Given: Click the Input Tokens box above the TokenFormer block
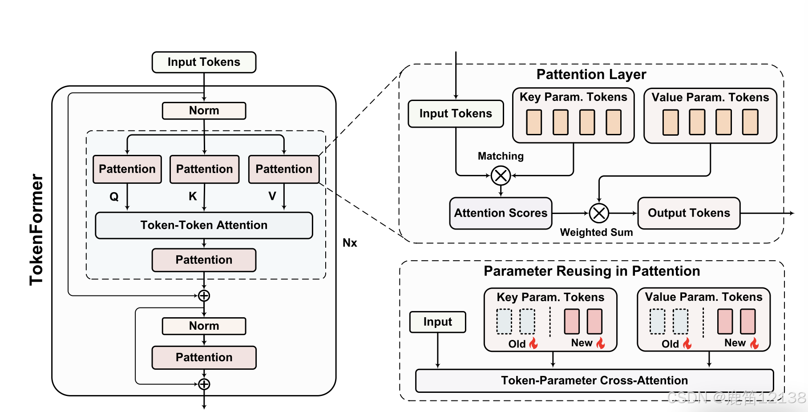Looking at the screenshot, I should click(204, 62).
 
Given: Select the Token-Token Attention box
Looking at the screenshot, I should click(204, 225).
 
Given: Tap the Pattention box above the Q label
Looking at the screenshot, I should click(127, 169).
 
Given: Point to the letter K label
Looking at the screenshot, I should click(193, 196).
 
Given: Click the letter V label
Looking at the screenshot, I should click(272, 196).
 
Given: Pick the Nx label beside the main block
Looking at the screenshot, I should click(350, 243).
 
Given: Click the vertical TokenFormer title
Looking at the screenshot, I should click(36, 229).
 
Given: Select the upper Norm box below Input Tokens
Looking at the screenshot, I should click(204, 111).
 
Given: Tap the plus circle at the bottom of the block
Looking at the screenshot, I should click(204, 384).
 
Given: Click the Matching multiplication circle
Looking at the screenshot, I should click(501, 176).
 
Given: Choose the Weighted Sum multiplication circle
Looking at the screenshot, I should click(599, 213).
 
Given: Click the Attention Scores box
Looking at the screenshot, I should click(501, 213).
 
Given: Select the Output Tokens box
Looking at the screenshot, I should click(688, 213).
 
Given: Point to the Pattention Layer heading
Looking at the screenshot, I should click(591, 74).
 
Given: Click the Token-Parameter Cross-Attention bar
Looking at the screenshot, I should click(594, 380).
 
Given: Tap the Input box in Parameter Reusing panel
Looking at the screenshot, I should click(437, 322).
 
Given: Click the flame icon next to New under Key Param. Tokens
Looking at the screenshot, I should click(601, 343).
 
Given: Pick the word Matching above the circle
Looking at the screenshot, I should click(501, 156).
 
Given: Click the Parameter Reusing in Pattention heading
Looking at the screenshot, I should click(592, 271).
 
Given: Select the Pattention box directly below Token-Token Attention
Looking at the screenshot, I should click(204, 260).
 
